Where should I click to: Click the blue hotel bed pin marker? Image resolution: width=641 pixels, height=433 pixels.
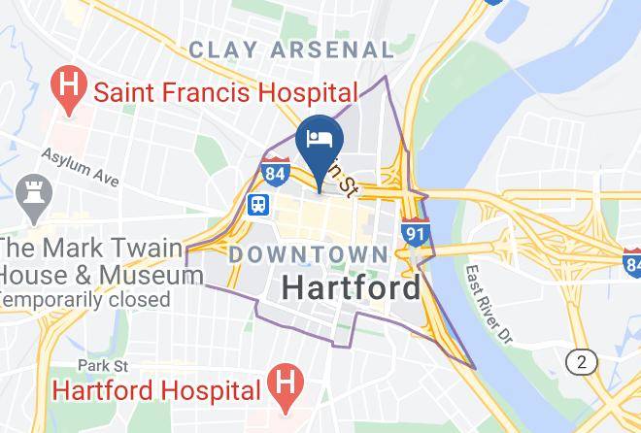[x=320, y=136]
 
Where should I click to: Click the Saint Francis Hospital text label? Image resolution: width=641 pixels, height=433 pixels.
[x=225, y=93]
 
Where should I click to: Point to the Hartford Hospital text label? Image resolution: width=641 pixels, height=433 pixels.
[x=156, y=389]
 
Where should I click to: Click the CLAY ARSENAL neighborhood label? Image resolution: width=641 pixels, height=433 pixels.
[x=291, y=49]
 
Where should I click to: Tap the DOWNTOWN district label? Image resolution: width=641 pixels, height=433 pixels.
[x=308, y=253]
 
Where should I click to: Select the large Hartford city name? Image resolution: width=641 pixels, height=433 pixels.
[x=352, y=287]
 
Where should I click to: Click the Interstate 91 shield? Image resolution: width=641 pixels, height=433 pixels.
[x=416, y=232]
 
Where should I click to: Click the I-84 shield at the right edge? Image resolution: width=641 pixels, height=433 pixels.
[x=632, y=260]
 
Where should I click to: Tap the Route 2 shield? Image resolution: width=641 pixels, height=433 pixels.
[x=582, y=362]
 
